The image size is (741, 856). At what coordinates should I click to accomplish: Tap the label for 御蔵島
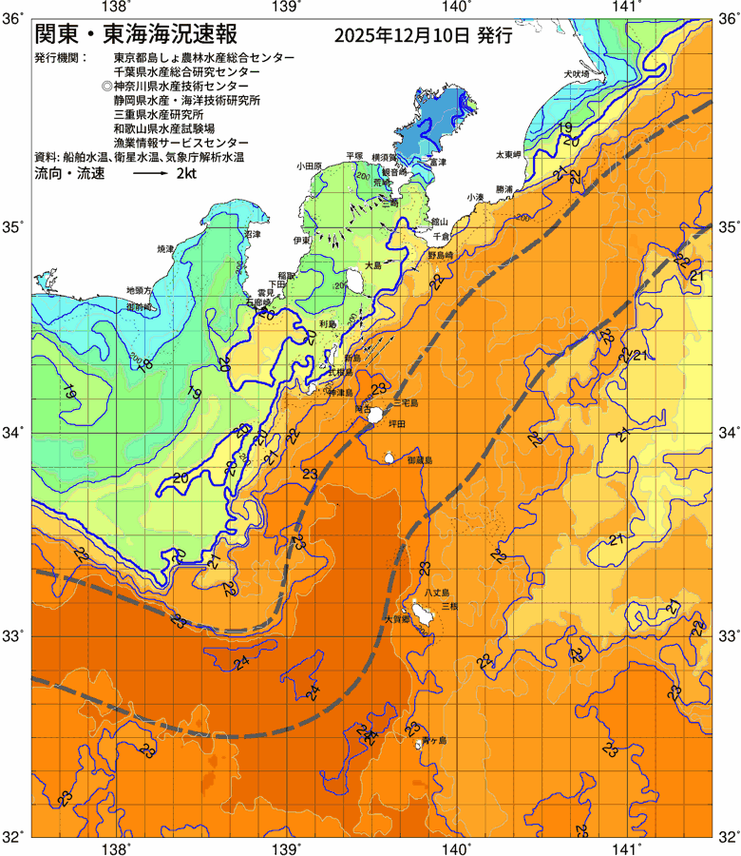click(418, 459)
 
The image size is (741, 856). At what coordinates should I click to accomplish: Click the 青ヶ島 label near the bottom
click(434, 740)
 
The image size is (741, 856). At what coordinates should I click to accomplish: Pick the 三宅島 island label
click(405, 403)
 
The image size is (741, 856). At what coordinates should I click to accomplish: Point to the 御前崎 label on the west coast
click(140, 307)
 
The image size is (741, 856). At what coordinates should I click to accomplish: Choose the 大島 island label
click(373, 265)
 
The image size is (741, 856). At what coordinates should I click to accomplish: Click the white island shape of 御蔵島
click(389, 458)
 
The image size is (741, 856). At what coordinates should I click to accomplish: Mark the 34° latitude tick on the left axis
click(13, 433)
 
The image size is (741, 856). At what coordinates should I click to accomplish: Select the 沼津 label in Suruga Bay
click(252, 233)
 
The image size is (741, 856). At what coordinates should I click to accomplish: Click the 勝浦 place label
click(504, 189)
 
